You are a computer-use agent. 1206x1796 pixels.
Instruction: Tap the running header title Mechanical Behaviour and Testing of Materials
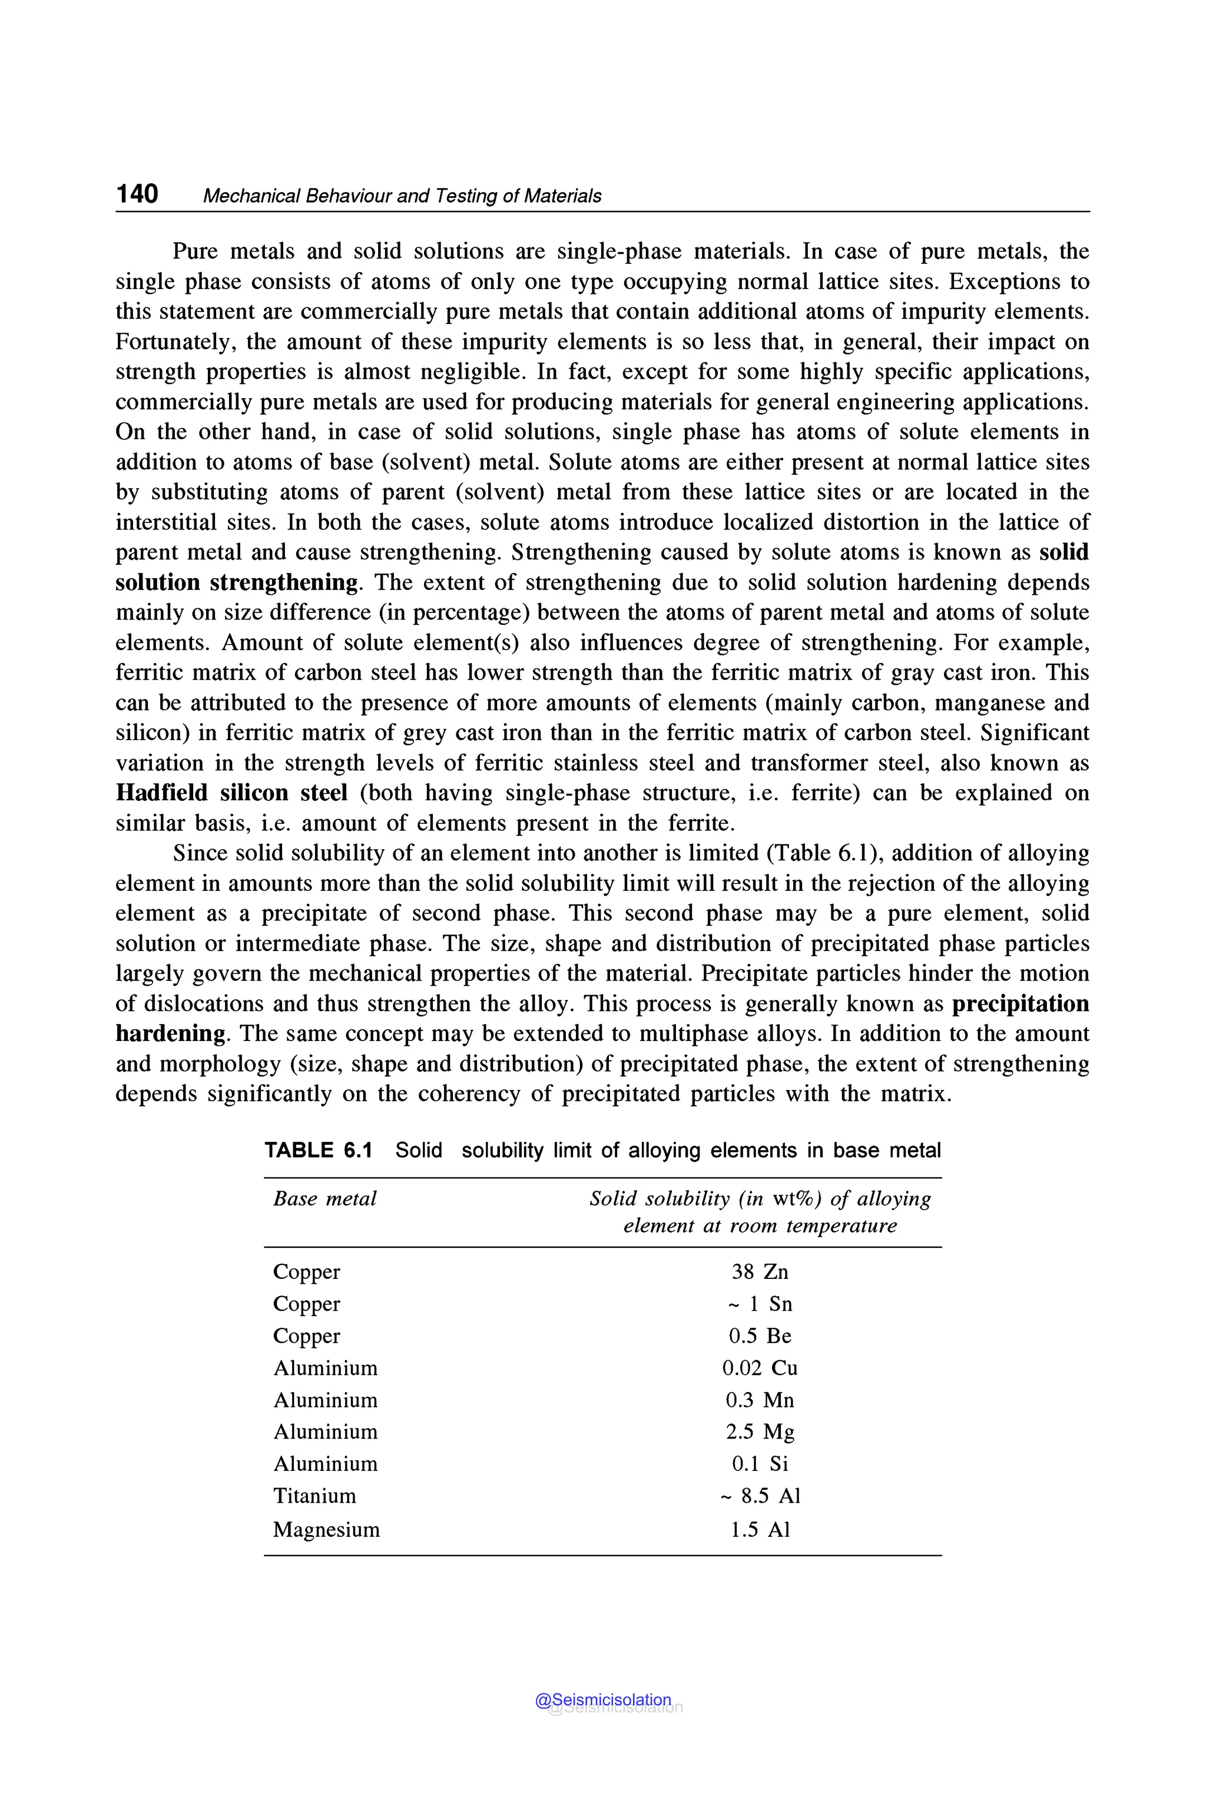pyautogui.click(x=402, y=196)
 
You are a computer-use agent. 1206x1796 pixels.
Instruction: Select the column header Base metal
pyautogui.click(x=324, y=1198)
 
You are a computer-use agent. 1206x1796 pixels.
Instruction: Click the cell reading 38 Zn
pyautogui.click(x=759, y=1271)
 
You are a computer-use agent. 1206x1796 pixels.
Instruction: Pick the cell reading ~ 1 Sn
pyautogui.click(x=759, y=1304)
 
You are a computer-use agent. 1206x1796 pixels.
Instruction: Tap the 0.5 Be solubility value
pyautogui.click(x=759, y=1336)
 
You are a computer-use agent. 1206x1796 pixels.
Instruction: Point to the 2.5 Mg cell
pyautogui.click(x=759, y=1432)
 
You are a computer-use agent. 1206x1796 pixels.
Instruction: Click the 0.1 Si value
pyautogui.click(x=759, y=1464)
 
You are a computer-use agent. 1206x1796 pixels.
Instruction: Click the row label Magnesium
pyautogui.click(x=326, y=1529)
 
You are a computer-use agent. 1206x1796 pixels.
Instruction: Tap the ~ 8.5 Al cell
pyautogui.click(x=759, y=1496)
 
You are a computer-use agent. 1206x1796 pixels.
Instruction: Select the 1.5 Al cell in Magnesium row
pyautogui.click(x=759, y=1529)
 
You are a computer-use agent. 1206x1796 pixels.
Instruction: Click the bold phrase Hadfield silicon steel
pyautogui.click(x=231, y=793)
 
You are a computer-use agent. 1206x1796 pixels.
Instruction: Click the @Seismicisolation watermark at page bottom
pyautogui.click(x=603, y=1700)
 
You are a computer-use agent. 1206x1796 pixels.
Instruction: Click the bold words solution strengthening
pyautogui.click(x=237, y=582)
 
